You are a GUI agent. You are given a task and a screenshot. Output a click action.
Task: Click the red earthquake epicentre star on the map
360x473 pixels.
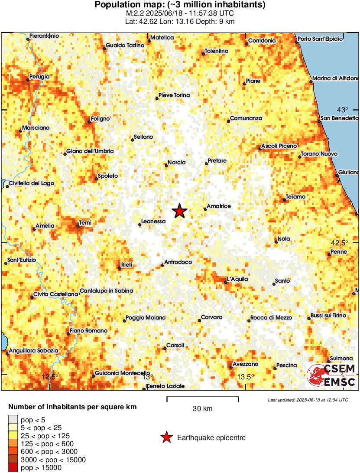[x=179, y=211]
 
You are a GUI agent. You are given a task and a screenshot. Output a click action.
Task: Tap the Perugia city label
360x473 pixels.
[x=39, y=77]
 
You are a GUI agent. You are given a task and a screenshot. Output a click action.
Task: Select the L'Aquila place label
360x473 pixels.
[x=237, y=279]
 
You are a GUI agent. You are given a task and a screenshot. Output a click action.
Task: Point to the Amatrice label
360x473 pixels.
[x=219, y=206]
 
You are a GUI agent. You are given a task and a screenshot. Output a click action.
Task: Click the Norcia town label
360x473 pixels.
[x=177, y=163]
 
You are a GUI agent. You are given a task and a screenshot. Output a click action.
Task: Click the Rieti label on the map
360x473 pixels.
[x=127, y=265]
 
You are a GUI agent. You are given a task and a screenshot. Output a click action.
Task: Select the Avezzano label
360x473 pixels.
[x=245, y=364]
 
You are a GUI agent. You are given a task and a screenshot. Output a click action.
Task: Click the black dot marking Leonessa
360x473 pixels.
[x=139, y=225]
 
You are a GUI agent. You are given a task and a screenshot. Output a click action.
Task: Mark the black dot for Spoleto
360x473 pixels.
[x=96, y=179]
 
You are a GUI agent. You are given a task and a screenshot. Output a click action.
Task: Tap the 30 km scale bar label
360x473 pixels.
[x=202, y=409]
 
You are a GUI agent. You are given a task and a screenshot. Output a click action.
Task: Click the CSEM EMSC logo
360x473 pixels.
[x=332, y=375]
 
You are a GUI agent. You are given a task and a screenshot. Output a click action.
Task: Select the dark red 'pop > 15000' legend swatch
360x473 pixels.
[x=13, y=468]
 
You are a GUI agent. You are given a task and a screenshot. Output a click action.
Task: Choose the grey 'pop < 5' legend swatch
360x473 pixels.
[x=13, y=419]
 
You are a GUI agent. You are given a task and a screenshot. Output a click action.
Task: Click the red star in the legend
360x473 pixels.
[x=166, y=438]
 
